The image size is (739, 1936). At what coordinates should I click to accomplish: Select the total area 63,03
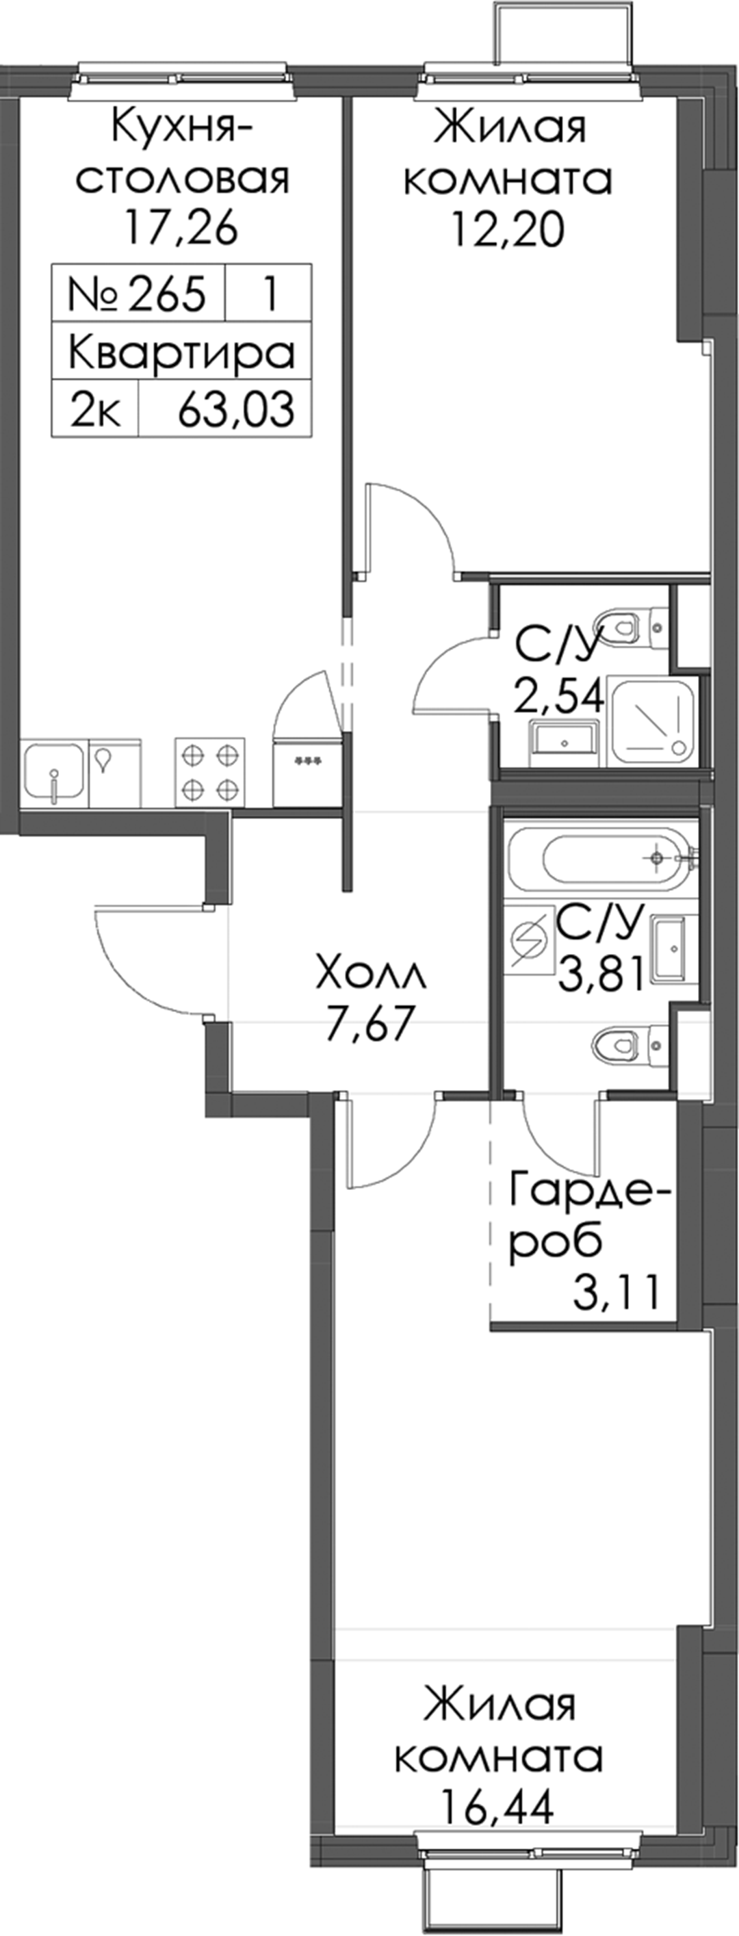[235, 411]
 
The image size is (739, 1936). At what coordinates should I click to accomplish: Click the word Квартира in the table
[181, 352]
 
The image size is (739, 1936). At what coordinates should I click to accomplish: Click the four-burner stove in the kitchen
[211, 771]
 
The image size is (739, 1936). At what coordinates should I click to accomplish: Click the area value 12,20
[508, 229]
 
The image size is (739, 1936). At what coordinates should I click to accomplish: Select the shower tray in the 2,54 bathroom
[653, 719]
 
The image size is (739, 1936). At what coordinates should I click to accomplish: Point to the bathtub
[601, 857]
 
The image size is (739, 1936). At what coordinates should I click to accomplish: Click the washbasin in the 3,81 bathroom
[671, 948]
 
